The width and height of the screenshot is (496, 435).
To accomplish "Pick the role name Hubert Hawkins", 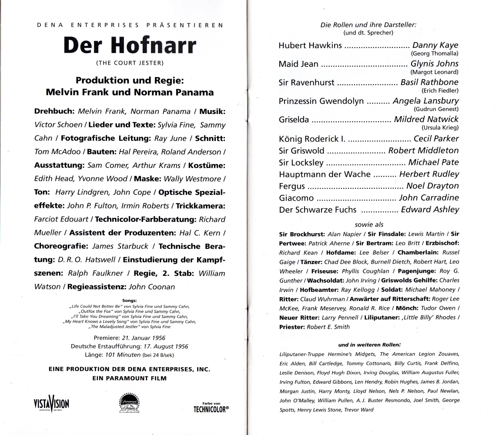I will pyautogui.click(x=310, y=45).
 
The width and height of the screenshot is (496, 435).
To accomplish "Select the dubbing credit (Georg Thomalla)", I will pyautogui.click(x=434, y=54).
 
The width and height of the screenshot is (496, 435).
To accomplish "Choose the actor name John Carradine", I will pyautogui.click(x=429, y=197).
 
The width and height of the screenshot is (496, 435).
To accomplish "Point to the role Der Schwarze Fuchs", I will pyautogui.click(x=318, y=210).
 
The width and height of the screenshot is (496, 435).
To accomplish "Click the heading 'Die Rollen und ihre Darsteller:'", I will pyautogui.click(x=369, y=25).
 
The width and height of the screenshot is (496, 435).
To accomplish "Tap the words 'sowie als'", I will pyautogui.click(x=369, y=224).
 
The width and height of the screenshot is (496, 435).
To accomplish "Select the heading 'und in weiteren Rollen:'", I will pyautogui.click(x=369, y=345).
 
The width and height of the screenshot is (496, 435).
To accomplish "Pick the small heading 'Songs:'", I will pyautogui.click(x=130, y=300).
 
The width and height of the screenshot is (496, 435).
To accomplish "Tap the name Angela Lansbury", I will pyautogui.click(x=426, y=101).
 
